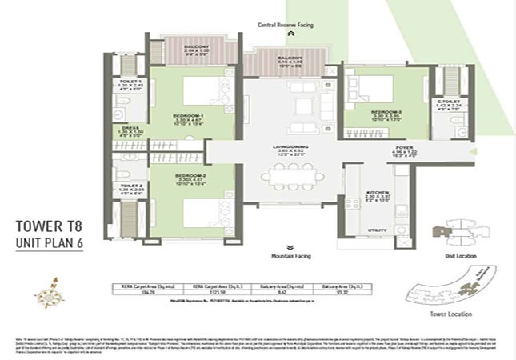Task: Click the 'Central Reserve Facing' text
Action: (290, 26)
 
